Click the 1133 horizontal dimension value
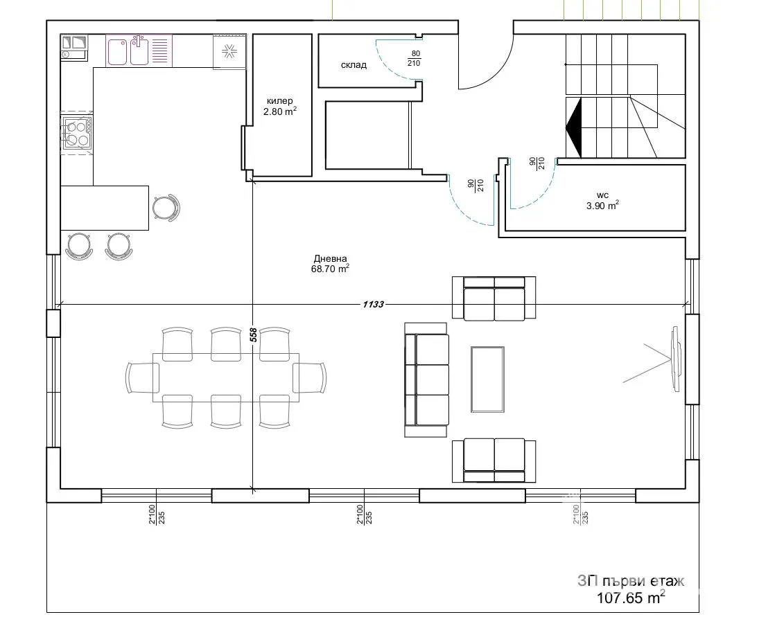coord(372,304)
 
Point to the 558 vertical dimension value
coord(254,335)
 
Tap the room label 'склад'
coord(354,65)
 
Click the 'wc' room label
coord(602,195)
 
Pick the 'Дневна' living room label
coord(329,259)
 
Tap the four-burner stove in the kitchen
coord(77,133)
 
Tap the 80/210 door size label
coord(415,58)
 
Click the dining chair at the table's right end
coord(310,378)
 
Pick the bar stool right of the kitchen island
coord(165,208)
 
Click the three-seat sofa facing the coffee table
coord(427,379)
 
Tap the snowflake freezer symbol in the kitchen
coord(229,51)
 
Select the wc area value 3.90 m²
coord(602,205)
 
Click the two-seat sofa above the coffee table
coord(494,299)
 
